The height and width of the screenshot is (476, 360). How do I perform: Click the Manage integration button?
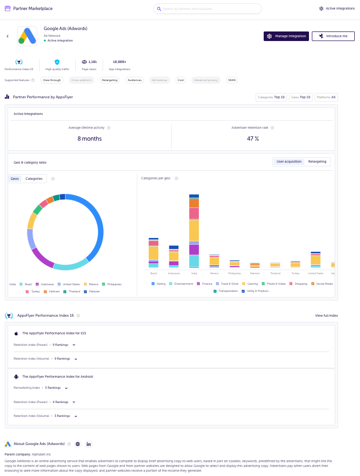tap(286, 36)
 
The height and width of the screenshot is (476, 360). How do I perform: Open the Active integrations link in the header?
tap(337, 9)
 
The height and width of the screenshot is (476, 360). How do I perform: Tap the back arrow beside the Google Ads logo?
tap(8, 36)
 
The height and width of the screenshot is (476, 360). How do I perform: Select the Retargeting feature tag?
tap(109, 80)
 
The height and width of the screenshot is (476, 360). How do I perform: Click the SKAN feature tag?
tap(232, 80)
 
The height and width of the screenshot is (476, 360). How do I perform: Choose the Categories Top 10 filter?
tap(271, 97)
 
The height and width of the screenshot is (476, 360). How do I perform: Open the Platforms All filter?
tap(326, 97)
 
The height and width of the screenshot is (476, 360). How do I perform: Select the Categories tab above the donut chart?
tap(34, 179)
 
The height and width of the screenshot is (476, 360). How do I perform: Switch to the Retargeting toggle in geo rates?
tap(317, 162)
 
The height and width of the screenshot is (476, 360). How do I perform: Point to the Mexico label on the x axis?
tap(214, 273)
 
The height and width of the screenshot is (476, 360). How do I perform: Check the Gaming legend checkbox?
tap(244, 284)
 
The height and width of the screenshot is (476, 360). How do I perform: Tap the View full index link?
tap(326, 316)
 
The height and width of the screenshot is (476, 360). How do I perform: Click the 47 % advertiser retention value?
tap(253, 139)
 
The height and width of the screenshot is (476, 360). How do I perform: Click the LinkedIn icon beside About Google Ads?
tap(89, 444)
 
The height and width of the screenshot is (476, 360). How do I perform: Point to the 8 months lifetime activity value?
tap(90, 139)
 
